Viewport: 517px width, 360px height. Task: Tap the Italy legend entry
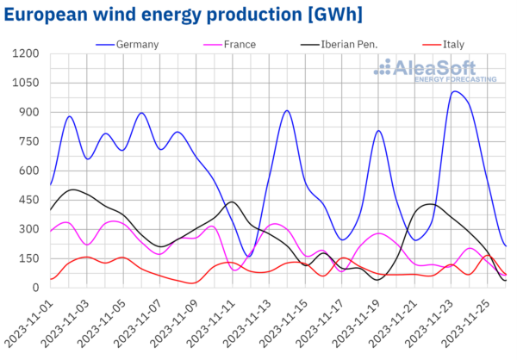(x=445, y=44)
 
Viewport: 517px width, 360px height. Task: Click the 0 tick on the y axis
(x=35, y=288)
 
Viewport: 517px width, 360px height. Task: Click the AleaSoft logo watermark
(x=439, y=70)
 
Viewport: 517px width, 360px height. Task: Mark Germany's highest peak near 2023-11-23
(x=455, y=91)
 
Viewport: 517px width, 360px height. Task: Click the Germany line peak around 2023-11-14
(x=287, y=111)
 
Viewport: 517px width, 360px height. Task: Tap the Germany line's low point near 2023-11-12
(x=248, y=256)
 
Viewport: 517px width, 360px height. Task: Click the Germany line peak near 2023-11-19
(x=378, y=131)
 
